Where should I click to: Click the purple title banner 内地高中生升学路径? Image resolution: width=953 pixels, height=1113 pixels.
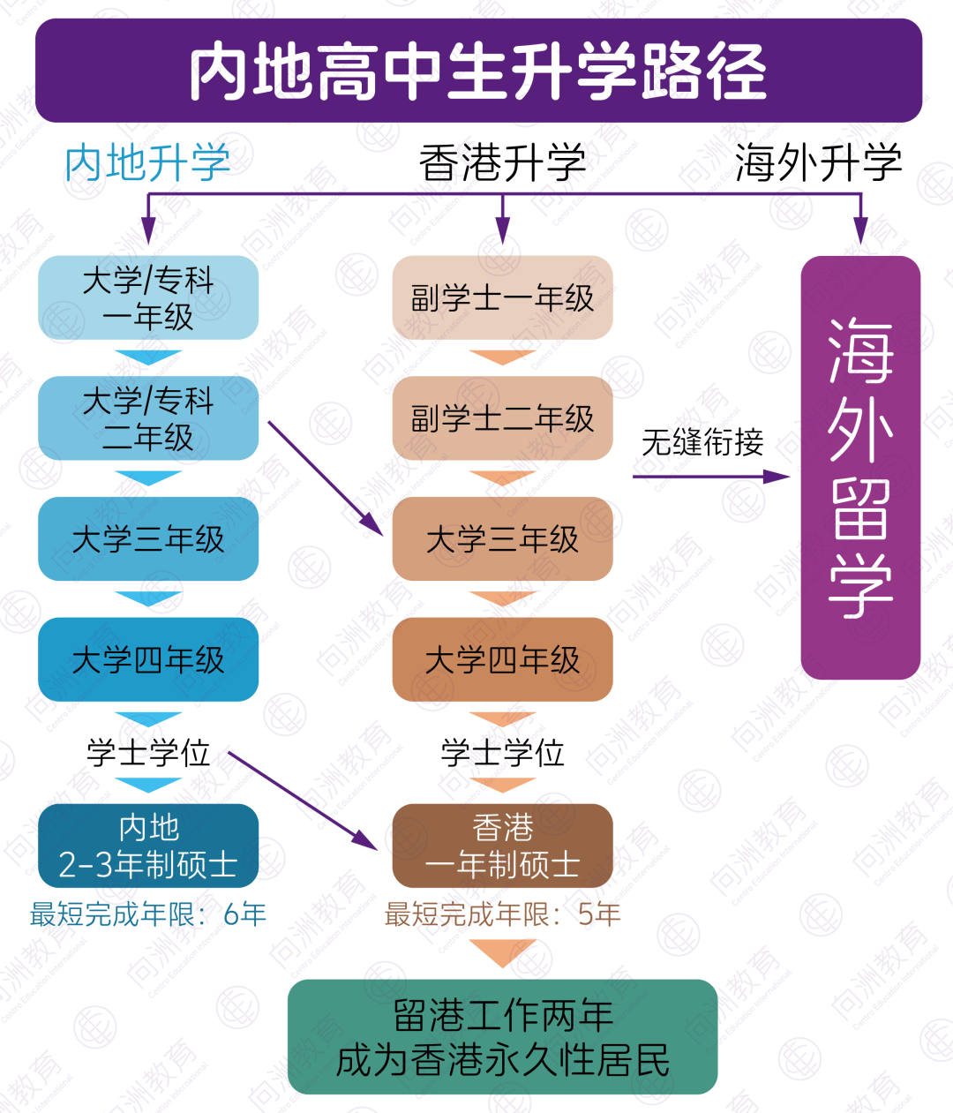[478, 71]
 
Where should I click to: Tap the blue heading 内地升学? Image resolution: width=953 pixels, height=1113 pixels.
[147, 162]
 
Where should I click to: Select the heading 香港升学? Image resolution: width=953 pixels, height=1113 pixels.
[502, 162]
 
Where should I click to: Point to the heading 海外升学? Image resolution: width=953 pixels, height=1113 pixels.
[818, 162]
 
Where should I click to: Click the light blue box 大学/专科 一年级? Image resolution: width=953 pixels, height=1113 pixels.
[148, 297]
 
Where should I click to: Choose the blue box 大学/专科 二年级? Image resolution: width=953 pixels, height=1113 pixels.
[148, 418]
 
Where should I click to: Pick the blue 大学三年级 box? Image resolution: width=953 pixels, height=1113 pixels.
[148, 539]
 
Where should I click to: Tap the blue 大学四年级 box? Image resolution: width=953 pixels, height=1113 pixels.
[148, 659]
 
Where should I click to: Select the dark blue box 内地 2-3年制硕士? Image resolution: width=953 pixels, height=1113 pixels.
[148, 846]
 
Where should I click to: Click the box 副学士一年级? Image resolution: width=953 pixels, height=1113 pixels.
[502, 297]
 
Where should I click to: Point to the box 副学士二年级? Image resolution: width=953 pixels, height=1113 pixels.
[502, 418]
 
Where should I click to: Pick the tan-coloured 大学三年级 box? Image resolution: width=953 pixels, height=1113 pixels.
[502, 539]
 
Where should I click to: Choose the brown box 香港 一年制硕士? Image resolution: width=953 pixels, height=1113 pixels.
[502, 846]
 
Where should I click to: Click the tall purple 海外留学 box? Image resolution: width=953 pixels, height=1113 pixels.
[860, 468]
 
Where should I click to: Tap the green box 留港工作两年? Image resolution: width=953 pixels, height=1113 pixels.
[502, 1036]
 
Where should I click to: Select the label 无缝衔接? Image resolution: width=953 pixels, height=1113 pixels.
[702, 442]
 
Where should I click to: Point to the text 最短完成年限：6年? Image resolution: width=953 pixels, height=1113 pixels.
[148, 914]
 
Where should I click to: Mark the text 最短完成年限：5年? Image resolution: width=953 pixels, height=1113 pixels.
[502, 914]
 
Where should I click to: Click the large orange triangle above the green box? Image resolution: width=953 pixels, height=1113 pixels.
[502, 951]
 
